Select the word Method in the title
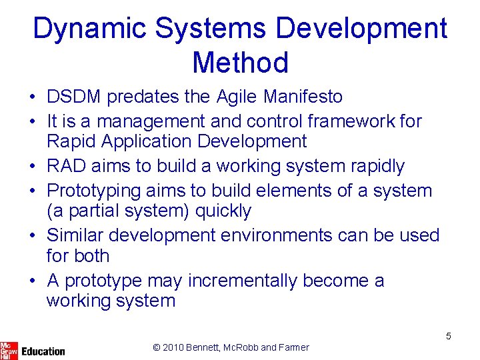point(240,63)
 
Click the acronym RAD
point(65,166)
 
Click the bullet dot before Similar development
point(32,236)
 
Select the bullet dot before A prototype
point(32,281)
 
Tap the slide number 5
point(448,336)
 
